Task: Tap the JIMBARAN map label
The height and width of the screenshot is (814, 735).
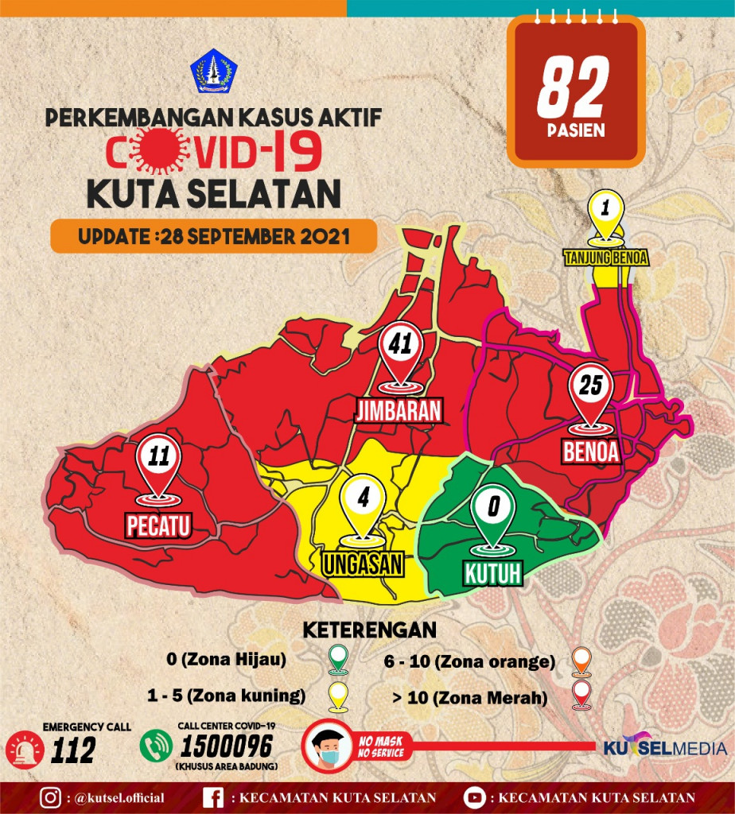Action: [398, 410]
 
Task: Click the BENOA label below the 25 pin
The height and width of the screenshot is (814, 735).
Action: [591, 451]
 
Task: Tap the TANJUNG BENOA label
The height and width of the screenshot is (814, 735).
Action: [606, 258]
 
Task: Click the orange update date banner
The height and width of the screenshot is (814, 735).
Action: [213, 236]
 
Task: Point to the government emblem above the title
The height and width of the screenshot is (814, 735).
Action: [213, 72]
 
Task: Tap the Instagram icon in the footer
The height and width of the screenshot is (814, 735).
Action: [51, 797]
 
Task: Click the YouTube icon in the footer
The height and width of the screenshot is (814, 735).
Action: [475, 797]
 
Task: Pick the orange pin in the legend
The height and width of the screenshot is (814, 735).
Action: [581, 661]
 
